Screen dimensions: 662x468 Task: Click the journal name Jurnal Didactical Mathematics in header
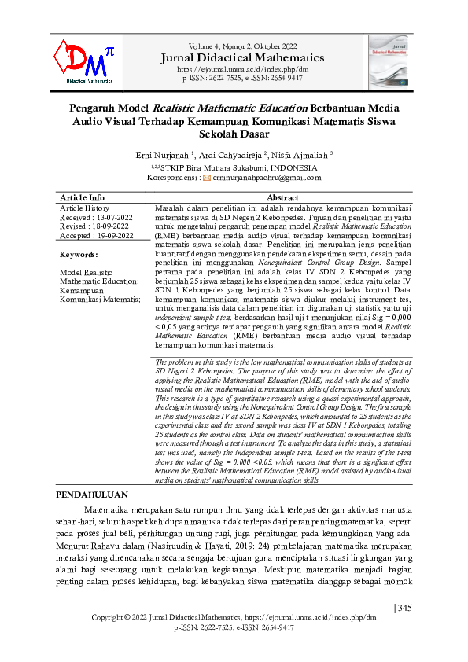[241, 57]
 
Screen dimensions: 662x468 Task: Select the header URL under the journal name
[241, 69]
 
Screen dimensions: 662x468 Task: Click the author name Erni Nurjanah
[164, 156]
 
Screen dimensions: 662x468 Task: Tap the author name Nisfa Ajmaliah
[302, 156]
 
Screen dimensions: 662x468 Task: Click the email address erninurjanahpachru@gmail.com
[267, 178]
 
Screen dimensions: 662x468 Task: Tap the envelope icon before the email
[207, 178]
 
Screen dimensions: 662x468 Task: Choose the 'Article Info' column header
[82, 197]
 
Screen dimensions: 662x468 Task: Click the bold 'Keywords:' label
[79, 255]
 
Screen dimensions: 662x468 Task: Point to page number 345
[404, 607]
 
